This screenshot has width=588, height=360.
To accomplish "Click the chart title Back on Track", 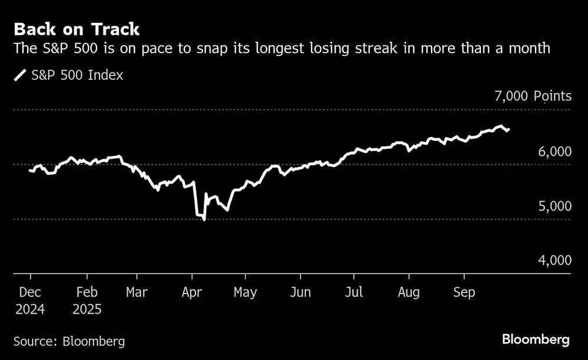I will click(x=76, y=29).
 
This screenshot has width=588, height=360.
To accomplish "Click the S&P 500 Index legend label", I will click(x=77, y=75).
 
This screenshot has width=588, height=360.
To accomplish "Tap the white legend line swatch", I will click(x=20, y=75).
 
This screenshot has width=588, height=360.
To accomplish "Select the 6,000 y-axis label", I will click(x=554, y=152).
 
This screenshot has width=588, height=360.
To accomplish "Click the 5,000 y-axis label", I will click(x=554, y=206).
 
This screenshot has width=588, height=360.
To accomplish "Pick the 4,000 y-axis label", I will click(x=554, y=261).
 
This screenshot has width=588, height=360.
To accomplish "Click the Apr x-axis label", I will click(x=192, y=292).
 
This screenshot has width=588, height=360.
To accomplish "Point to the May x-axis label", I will click(x=245, y=292).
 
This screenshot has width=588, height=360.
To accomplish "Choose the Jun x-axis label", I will click(x=301, y=292).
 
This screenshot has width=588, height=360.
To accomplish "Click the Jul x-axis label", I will click(x=353, y=292).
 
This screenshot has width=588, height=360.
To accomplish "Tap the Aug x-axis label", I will click(x=409, y=292).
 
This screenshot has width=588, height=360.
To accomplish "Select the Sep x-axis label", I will click(x=464, y=292).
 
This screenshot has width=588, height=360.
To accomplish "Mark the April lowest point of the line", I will click(x=204, y=219).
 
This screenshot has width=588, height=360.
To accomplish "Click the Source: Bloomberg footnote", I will click(x=69, y=341).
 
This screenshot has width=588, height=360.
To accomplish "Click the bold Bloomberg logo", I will click(x=536, y=339).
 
